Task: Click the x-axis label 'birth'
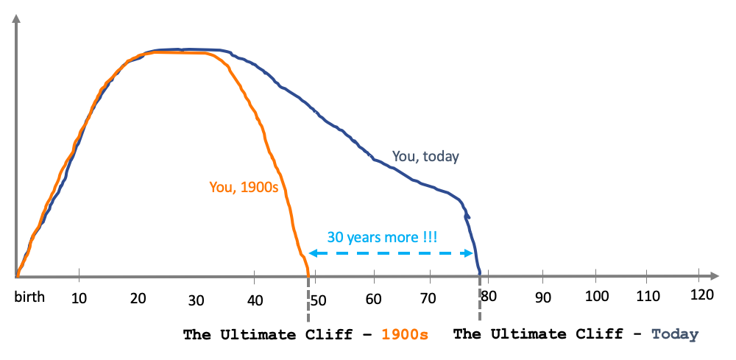[29, 297]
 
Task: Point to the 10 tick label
[79, 297]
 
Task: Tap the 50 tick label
[319, 299]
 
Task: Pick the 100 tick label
[596, 295]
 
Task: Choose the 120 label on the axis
[702, 294]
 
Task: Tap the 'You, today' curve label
[425, 156]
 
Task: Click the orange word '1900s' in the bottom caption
[405, 334]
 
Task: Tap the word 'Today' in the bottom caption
[674, 334]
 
